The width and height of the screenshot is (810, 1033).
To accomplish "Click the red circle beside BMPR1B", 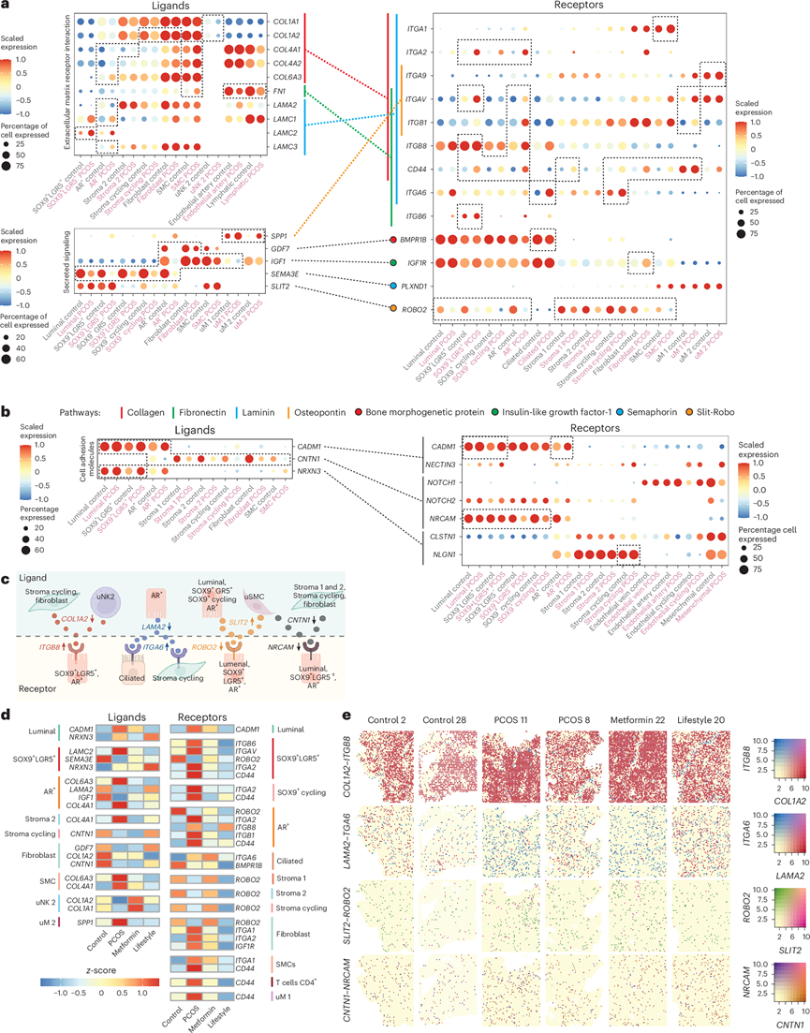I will click(x=397, y=241).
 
